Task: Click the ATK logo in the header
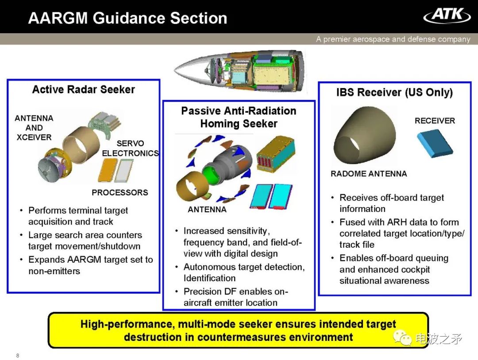447,15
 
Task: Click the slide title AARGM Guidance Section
127,18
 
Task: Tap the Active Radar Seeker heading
83,89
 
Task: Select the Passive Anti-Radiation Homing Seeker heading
239,117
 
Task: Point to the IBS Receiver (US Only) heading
394,92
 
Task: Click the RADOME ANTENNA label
369,174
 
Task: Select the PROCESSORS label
119,192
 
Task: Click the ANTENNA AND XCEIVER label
34,128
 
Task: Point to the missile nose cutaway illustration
239,71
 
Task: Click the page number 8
18,356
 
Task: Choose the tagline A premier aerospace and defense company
393,39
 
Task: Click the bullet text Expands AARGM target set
90,265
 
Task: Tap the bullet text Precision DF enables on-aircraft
235,297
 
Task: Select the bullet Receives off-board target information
391,203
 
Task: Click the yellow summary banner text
238,330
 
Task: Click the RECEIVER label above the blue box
435,121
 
